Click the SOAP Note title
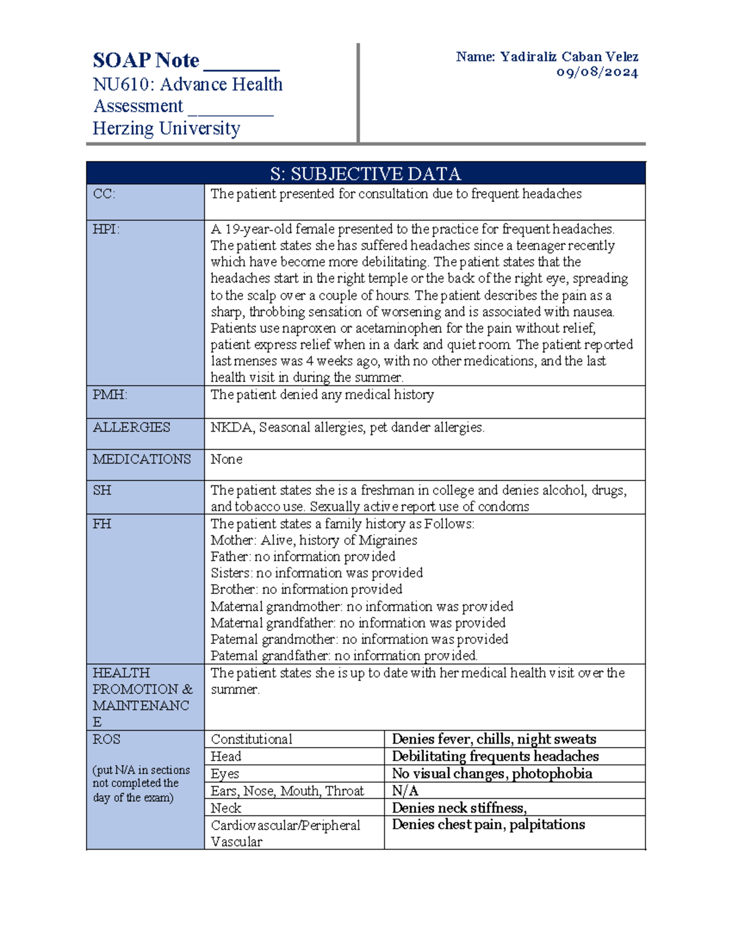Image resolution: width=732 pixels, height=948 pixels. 146,60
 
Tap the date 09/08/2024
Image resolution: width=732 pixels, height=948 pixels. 597,73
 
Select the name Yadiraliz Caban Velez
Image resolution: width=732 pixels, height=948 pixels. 569,57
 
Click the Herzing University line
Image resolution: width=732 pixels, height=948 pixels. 166,129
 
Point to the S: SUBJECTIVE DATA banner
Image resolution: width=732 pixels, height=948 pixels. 365,174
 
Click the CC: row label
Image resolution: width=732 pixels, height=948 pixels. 104,194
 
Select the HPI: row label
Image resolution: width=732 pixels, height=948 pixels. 106,230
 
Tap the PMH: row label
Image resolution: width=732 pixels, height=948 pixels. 110,395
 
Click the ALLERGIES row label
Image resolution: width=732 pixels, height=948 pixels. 131,427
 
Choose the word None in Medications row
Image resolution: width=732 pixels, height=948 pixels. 226,459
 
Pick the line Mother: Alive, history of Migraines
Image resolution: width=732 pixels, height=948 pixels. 314,540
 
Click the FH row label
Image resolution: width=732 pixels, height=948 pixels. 101,524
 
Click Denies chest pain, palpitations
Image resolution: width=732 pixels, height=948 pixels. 488,825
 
